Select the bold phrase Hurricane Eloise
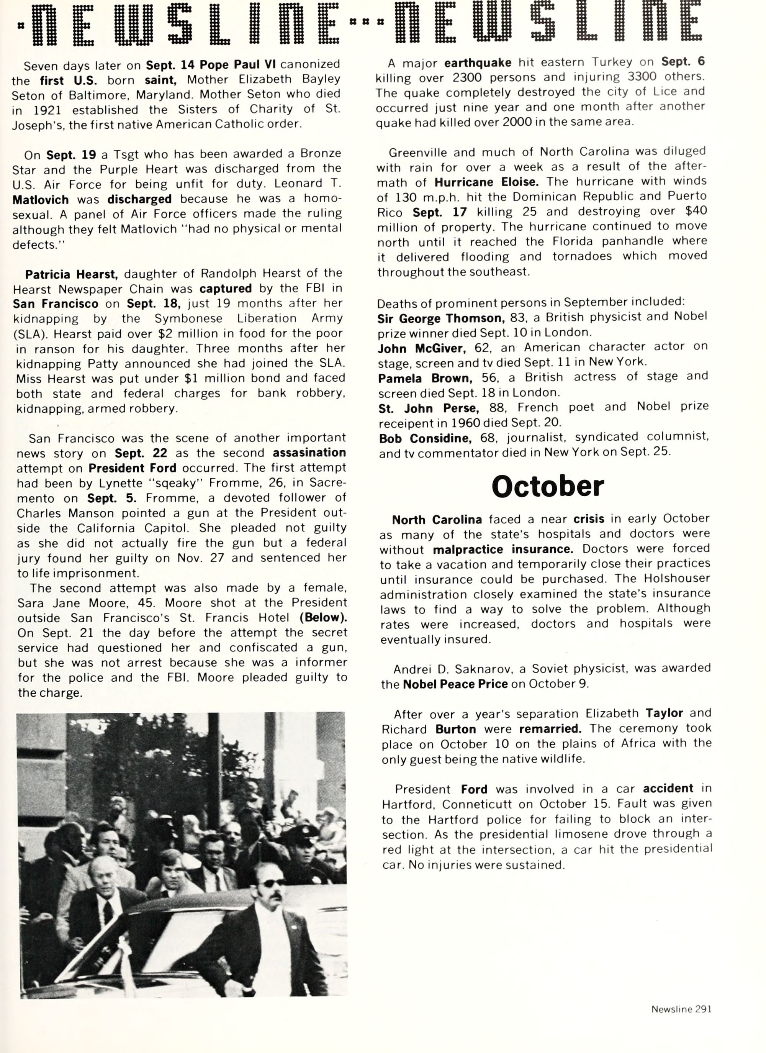coord(486,182)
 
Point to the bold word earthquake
coord(478,63)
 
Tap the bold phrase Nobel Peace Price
coord(455,684)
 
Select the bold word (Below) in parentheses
coord(323,618)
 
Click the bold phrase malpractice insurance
coord(503,550)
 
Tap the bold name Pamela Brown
coord(425,378)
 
